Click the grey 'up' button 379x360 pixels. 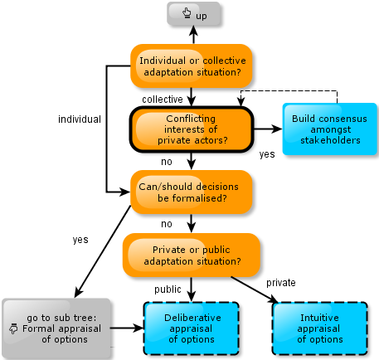[x=193, y=14]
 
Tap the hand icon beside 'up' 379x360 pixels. [x=187, y=13]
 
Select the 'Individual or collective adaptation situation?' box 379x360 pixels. [x=192, y=66]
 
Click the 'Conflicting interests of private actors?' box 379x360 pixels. [x=192, y=129]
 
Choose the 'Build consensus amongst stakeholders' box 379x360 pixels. [x=329, y=129]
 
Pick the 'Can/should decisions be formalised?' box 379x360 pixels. [x=192, y=192]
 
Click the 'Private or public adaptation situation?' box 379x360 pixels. [x=192, y=255]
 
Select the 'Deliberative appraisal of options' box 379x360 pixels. [x=192, y=328]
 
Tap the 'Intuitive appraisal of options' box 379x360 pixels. [x=320, y=328]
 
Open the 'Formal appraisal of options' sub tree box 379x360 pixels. [x=56, y=328]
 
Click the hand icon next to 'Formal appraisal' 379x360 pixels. [x=13, y=328]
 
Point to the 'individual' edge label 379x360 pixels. [x=80, y=119]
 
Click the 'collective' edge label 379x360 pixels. [x=163, y=100]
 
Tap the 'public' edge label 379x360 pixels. [x=168, y=289]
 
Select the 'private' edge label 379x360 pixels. [x=281, y=283]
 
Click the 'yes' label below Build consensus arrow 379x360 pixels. [x=267, y=154]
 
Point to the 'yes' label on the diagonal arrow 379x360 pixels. [x=80, y=240]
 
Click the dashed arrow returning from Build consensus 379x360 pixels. [x=289, y=90]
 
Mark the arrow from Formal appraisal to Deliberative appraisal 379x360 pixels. [x=127, y=328]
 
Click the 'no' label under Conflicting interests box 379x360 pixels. [x=167, y=162]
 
